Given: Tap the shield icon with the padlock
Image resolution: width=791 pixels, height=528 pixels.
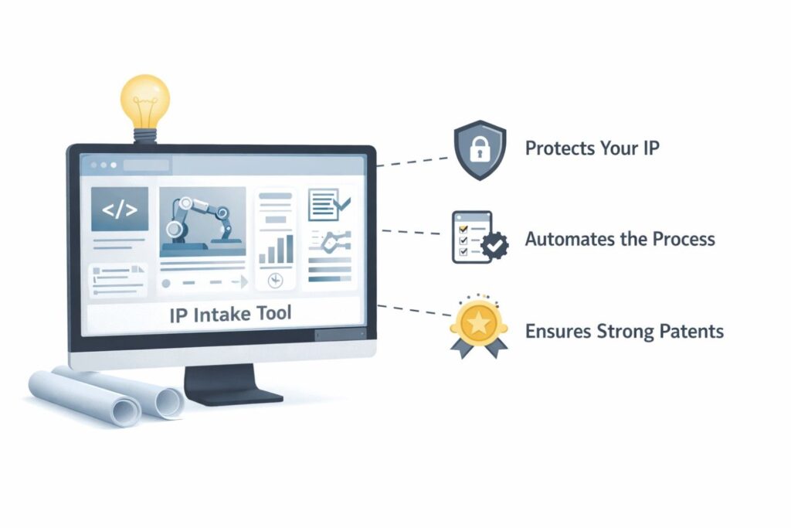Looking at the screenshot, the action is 480,150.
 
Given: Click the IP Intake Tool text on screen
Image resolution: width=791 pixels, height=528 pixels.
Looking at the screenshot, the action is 230,314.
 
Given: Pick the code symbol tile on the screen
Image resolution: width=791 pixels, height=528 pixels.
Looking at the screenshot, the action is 120,209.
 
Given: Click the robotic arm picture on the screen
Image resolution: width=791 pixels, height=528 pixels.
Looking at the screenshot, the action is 203,222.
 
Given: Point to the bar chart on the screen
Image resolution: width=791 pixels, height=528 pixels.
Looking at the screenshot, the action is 276,249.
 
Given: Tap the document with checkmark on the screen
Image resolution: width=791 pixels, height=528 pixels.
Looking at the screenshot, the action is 329,204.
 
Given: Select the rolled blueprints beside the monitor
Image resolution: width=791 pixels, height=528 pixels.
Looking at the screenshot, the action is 107,395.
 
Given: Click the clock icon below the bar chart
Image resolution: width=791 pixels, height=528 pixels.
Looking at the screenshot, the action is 275,280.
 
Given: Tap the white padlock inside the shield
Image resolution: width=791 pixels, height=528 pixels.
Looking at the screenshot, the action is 480,149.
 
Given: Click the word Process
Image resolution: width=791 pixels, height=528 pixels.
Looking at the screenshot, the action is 684,239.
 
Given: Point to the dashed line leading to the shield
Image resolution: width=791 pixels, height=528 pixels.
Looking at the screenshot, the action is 412,162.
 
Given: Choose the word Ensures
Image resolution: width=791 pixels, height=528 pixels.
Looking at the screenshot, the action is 558,331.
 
